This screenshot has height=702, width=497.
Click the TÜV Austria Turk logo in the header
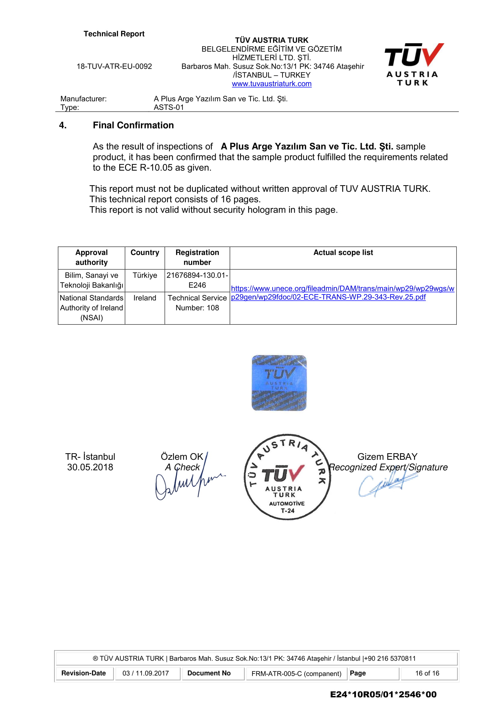pos(413,64)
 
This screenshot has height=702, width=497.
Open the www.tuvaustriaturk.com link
pos(271,84)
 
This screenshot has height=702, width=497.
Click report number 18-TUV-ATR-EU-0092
pos(114,66)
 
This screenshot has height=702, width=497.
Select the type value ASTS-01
pos(169,107)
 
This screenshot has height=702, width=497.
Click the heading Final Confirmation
pos(133,125)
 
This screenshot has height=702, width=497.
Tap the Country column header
pos(145,252)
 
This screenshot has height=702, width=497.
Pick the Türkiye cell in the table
pos(145,275)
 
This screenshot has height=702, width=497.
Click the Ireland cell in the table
pos(145,298)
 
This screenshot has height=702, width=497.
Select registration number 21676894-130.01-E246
pos(197,280)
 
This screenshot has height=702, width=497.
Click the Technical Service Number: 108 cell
pos(197,303)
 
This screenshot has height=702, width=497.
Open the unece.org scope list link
pos(342,293)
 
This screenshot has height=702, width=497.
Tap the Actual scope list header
pos(343,252)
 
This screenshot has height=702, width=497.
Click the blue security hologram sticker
pos(279,383)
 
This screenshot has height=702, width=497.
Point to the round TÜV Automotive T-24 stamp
pos(287,477)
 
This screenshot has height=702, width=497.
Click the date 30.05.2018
pos(90,467)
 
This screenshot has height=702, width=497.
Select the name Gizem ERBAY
pos(387,456)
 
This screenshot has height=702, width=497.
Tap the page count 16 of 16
pos(427,673)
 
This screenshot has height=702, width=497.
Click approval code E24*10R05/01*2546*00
pos(383,694)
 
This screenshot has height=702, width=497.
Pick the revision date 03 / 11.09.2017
pos(146,673)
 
